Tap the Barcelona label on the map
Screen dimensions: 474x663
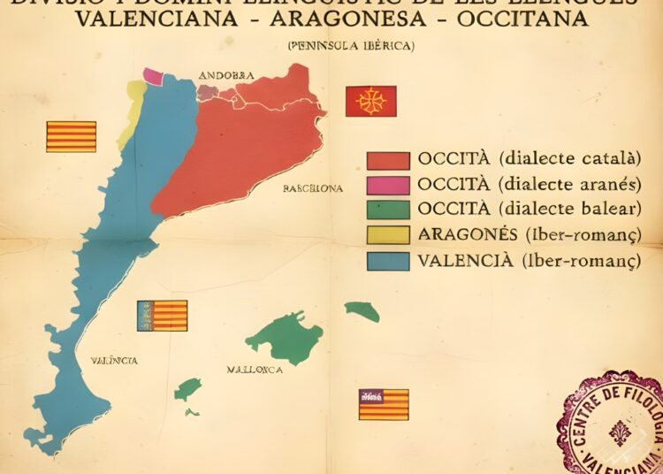coord(313,188)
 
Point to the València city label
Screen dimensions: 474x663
coord(114,361)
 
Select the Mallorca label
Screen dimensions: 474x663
coord(255,370)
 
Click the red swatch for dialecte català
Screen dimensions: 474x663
coord(388,160)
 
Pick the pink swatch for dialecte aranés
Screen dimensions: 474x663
coord(388,185)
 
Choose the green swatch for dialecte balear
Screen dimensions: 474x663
coord(388,210)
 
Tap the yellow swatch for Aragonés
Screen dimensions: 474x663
coord(388,234)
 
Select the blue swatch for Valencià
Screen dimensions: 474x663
coord(388,261)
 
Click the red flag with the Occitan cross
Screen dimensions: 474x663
coord(370,101)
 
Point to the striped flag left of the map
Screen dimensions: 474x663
coord(71,136)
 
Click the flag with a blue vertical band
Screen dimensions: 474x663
coord(162,316)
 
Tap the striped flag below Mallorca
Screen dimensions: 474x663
coord(383,404)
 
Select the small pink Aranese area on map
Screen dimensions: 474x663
coord(154,77)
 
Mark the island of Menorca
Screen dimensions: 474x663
coord(362,310)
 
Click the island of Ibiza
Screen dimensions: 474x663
coord(187,389)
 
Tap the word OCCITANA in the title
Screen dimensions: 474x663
coord(524,19)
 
